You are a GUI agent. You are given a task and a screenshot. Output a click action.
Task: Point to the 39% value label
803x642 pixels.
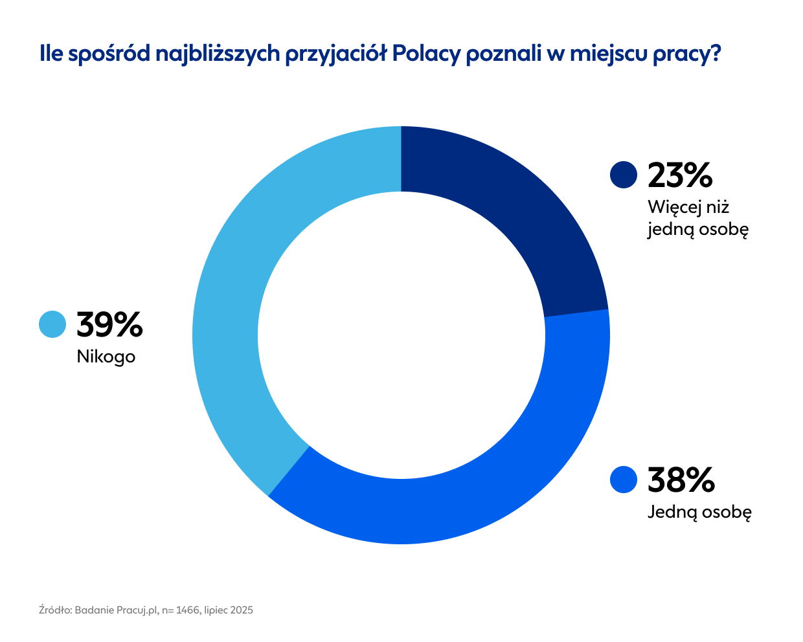pos(109,324)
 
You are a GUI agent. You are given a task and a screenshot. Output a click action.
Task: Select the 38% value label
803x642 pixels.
pos(681,480)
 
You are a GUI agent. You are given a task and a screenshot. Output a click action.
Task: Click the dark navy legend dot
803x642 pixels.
pos(624,175)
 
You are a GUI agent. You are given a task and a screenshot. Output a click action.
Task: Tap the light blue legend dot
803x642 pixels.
pos(52,324)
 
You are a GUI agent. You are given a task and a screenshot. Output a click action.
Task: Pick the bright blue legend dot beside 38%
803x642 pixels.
pos(624,480)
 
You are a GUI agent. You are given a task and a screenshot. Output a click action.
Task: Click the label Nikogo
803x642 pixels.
pos(106,357)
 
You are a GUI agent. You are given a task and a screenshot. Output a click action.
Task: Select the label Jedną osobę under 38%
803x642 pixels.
pos(699,513)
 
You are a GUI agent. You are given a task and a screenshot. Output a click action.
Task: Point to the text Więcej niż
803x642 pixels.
pos(688,207)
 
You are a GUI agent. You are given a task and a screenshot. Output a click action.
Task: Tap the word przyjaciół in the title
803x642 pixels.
pos(336,54)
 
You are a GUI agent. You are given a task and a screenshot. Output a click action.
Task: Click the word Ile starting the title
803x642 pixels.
pos(51,54)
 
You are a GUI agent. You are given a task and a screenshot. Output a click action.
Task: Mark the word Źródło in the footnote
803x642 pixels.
pos(54,610)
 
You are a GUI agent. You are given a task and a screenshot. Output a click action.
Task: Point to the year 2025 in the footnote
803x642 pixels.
pos(242,610)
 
